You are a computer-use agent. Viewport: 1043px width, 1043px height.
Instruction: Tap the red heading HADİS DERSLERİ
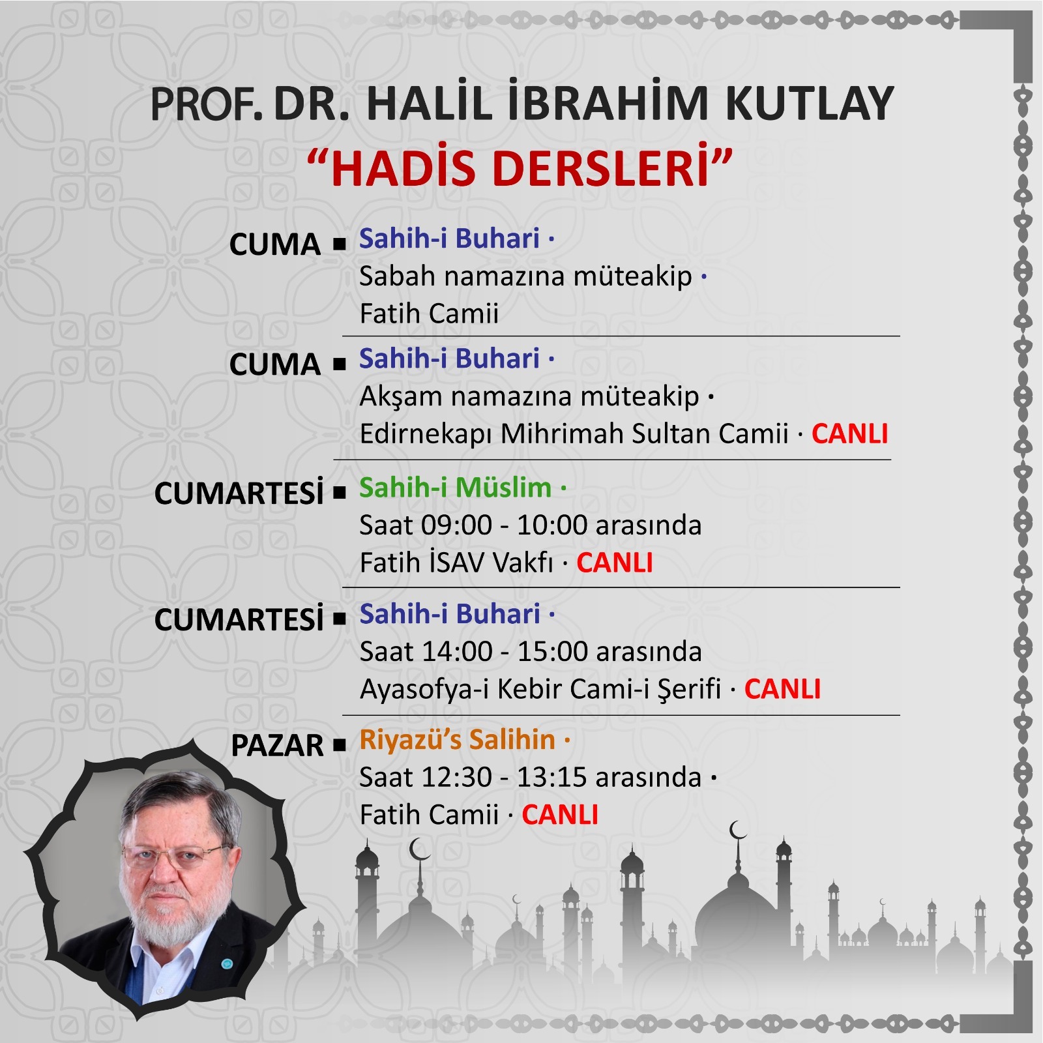520,168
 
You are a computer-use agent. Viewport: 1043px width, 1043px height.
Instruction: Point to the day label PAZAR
277,745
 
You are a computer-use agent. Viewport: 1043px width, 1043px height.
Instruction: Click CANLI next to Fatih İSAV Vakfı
614,563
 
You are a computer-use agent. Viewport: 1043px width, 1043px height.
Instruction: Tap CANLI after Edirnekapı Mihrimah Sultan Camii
849,433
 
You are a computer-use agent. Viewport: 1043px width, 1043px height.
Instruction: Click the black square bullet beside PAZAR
339,745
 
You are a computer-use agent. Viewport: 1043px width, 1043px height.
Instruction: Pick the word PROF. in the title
206,104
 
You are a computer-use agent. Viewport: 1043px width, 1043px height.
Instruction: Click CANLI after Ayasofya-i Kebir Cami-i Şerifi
782,689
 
